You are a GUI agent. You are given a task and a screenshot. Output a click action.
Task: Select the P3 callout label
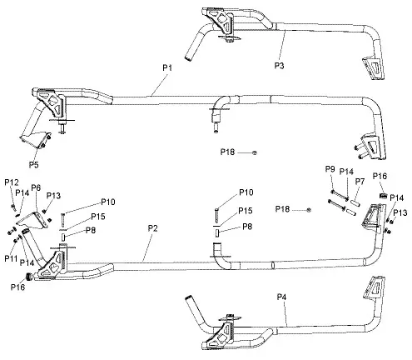point(280,63)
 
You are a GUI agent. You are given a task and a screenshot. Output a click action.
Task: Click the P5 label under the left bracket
point(34,153)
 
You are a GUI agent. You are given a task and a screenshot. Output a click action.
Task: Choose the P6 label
point(37,187)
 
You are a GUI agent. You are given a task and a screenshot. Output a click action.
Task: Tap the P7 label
point(360,181)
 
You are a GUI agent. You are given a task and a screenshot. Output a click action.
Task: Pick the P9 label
point(330,170)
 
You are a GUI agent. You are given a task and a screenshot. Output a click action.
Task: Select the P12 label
point(11,182)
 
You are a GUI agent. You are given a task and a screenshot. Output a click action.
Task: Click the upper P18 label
point(228,152)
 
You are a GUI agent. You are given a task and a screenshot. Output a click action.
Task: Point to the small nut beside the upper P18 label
point(254,153)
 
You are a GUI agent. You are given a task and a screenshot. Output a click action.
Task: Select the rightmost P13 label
point(400,213)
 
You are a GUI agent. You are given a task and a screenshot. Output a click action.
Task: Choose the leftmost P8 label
point(90,230)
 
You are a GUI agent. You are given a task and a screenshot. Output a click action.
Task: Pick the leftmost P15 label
point(97,217)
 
